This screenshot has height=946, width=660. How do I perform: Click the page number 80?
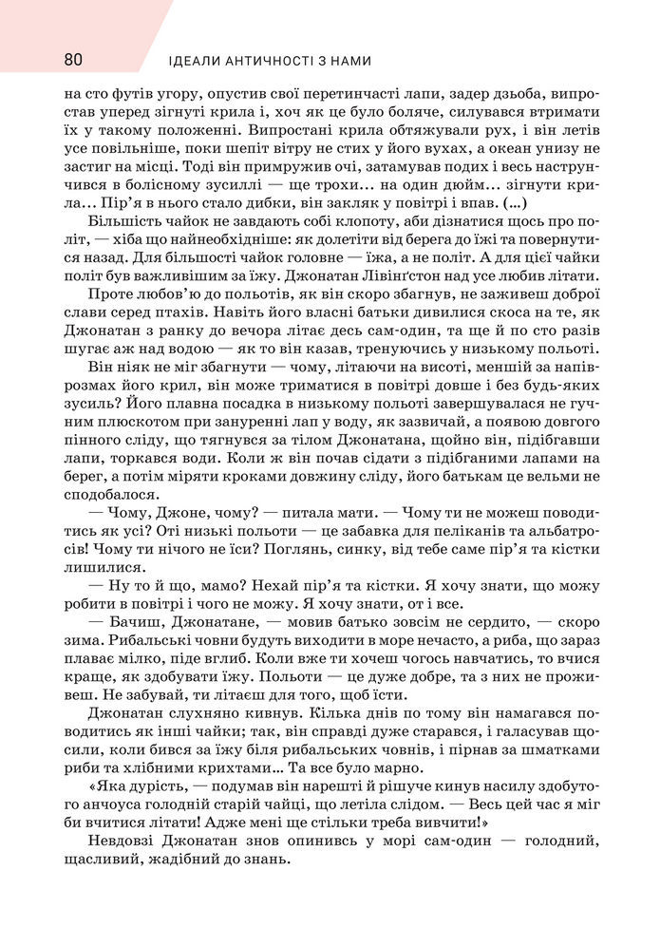click(x=72, y=59)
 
